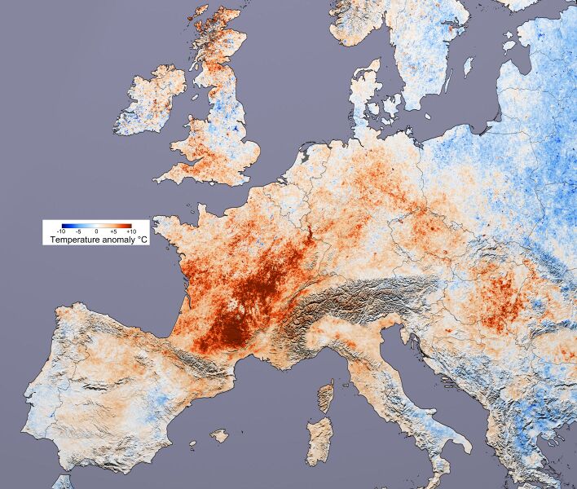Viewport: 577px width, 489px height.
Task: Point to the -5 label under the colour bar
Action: click(x=80, y=232)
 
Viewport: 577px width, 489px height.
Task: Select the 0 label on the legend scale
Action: click(x=96, y=232)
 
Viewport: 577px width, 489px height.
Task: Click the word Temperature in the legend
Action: click(x=73, y=240)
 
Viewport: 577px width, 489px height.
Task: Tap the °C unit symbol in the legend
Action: click(x=139, y=240)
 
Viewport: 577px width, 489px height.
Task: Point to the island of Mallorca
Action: click(x=218, y=436)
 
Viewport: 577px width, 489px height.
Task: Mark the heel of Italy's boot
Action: click(x=464, y=444)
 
